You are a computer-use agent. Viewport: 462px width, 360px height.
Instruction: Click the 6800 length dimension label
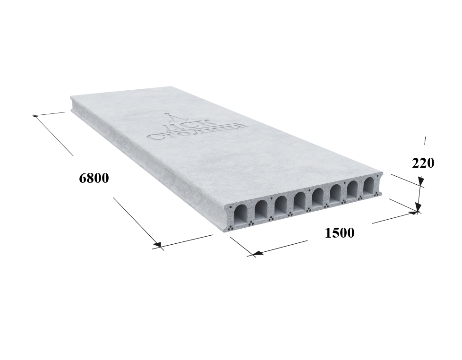(94, 178)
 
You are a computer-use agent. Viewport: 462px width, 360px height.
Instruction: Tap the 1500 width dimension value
(340, 233)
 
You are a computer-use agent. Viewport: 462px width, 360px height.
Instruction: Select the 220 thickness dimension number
(423, 163)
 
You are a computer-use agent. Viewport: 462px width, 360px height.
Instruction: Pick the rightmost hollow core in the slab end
(368, 185)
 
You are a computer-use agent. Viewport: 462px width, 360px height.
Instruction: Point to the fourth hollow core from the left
(299, 200)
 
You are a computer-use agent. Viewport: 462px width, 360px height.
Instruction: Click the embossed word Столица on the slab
(199, 131)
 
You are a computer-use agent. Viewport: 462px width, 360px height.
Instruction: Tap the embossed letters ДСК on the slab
(188, 124)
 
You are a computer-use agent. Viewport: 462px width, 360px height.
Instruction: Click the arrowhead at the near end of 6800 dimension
(157, 245)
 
